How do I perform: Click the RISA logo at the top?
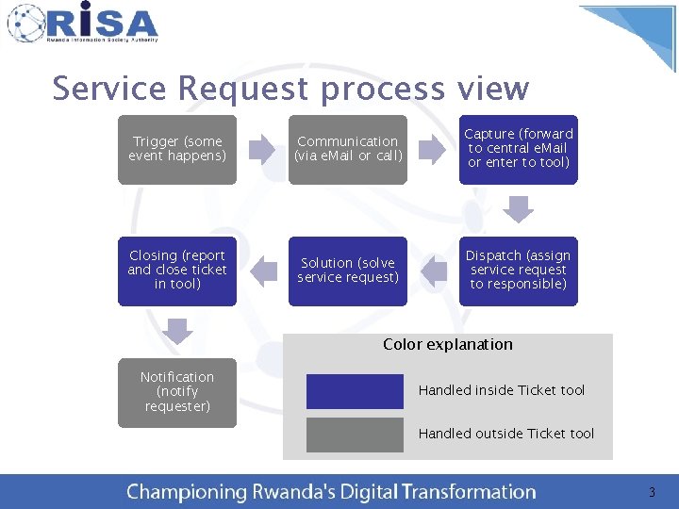click(x=83, y=23)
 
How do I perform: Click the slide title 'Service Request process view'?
click(x=290, y=89)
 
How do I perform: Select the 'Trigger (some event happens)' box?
click(x=177, y=149)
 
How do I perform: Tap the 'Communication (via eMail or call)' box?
click(x=347, y=149)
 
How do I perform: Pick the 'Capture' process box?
click(x=518, y=149)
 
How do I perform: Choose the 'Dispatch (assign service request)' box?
click(x=518, y=271)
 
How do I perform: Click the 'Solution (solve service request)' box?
click(x=347, y=271)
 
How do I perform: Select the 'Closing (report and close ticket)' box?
click(x=177, y=271)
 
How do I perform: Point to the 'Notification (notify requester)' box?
click(x=177, y=392)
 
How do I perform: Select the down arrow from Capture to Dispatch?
click(x=518, y=207)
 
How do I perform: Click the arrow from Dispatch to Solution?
click(x=433, y=271)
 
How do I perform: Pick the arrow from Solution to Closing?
click(x=262, y=271)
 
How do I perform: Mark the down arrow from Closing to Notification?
click(x=177, y=330)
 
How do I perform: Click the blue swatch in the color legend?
click(x=355, y=391)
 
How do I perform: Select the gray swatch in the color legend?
click(x=355, y=435)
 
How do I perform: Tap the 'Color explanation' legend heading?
click(x=448, y=345)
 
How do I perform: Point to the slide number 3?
click(x=651, y=492)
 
